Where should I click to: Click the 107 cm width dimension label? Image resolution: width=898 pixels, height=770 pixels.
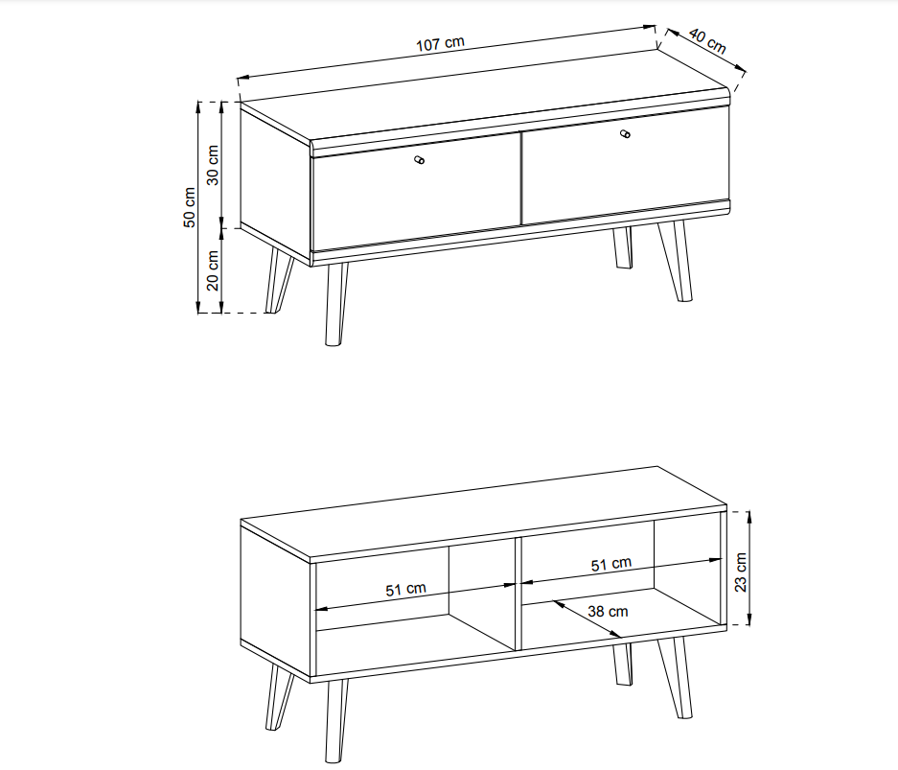click(x=440, y=44)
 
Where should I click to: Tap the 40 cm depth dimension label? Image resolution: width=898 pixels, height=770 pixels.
click(x=708, y=41)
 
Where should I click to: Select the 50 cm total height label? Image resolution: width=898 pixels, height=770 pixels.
click(x=190, y=207)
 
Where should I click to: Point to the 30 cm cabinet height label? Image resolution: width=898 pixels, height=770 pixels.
click(x=213, y=165)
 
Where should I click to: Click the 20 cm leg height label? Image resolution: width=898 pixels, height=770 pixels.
click(x=213, y=270)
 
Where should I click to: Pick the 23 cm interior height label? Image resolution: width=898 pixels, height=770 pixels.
click(x=741, y=572)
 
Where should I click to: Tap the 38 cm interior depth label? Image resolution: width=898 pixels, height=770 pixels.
click(x=608, y=612)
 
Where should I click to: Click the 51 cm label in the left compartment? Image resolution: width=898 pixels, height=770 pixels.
click(x=405, y=589)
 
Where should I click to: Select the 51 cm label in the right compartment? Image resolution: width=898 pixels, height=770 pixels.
click(x=611, y=565)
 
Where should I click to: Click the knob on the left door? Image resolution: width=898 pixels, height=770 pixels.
click(x=419, y=160)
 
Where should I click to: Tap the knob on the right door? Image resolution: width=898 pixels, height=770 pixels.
click(x=625, y=134)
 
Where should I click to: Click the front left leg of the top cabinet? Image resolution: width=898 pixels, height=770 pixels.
click(x=335, y=304)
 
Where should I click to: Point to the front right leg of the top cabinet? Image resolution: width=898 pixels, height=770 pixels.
click(x=676, y=261)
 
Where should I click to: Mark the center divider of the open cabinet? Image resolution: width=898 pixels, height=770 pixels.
click(x=518, y=595)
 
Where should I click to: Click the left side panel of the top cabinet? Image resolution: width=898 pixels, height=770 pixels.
click(x=275, y=183)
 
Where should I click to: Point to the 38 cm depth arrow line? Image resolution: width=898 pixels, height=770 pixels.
click(x=587, y=618)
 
